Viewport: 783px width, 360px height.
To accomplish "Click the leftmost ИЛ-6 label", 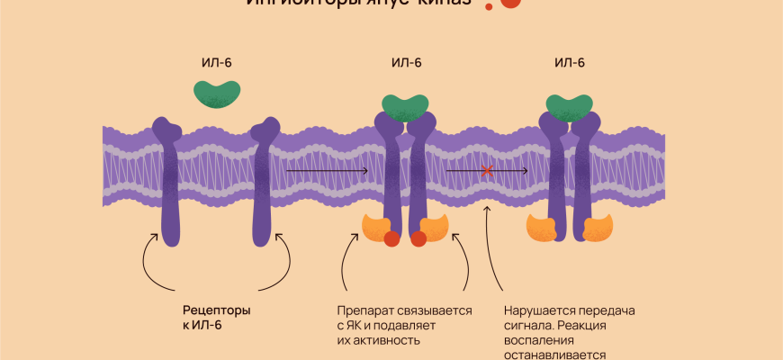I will pyautogui.click(x=218, y=62).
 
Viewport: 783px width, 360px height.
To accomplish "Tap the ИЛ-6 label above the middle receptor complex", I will pyautogui.click(x=407, y=62).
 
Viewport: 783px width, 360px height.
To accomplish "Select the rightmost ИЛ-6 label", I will pyautogui.click(x=570, y=62).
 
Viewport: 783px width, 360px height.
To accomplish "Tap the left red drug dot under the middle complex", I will pyautogui.click(x=391, y=238).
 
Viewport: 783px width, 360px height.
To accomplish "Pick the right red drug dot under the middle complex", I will pyautogui.click(x=418, y=238).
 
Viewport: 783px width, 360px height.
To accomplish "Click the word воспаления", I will pyautogui.click(x=536, y=339).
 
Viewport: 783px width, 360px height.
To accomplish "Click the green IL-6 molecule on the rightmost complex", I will pyautogui.click(x=570, y=105).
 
